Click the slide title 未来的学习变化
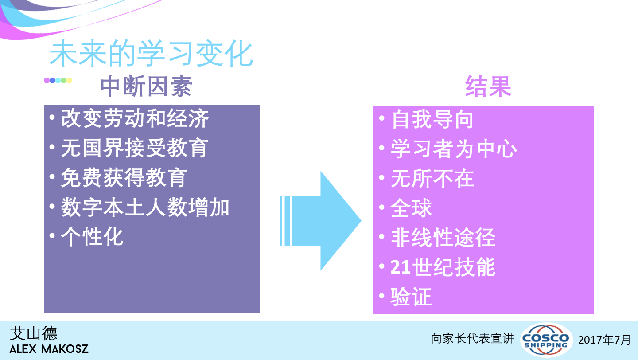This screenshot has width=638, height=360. click(151, 53)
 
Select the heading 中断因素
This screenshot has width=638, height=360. click(146, 86)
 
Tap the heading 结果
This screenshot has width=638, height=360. click(488, 86)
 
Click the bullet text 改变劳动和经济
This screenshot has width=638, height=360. click(135, 118)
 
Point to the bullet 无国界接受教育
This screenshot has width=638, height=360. click(134, 148)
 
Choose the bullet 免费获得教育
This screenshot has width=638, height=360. click(124, 177)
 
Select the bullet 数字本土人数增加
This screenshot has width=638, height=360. click(145, 207)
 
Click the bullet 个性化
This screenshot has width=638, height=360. click(92, 237)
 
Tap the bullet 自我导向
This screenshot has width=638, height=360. click(432, 119)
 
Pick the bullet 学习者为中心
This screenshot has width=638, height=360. click(454, 149)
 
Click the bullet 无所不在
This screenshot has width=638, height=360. click(432, 178)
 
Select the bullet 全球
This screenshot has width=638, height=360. click(411, 208)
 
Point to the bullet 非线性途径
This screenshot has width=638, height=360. click(443, 238)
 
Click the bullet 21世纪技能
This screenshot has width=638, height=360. click(443, 267)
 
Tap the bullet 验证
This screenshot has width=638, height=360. click(411, 297)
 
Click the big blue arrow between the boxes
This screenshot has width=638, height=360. click(320, 221)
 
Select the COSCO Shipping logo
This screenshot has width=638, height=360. click(546, 340)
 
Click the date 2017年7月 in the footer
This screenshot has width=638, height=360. click(604, 340)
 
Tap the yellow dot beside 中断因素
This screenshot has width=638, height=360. click(69, 80)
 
